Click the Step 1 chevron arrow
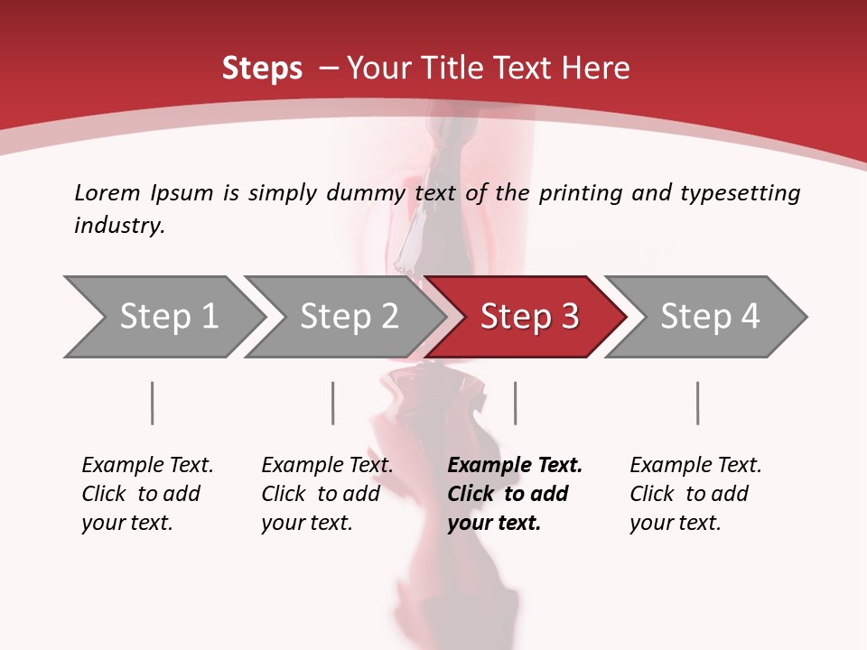167,317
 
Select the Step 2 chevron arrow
348,317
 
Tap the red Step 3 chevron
528,317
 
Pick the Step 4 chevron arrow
709,317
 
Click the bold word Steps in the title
262,69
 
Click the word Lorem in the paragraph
107,193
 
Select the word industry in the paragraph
119,226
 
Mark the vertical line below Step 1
153,403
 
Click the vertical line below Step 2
333,403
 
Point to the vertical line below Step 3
516,403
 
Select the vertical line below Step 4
698,403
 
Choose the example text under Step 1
147,494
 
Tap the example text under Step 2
327,494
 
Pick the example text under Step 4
695,494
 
